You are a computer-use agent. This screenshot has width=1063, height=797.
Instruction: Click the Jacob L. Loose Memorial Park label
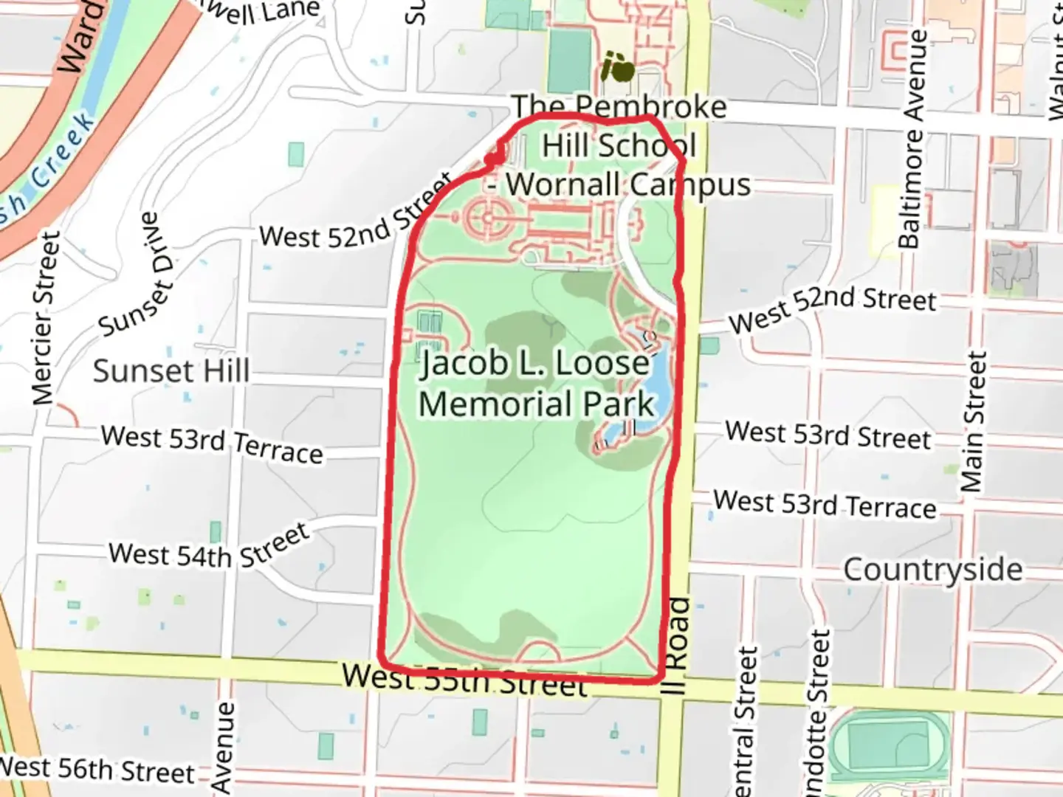pyautogui.click(x=537, y=384)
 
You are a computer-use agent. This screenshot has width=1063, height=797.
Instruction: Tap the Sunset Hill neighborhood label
pyautogui.click(x=171, y=370)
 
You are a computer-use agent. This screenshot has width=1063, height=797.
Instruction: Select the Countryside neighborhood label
pyautogui.click(x=933, y=570)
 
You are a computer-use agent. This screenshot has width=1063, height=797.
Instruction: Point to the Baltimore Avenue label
pyautogui.click(x=912, y=139)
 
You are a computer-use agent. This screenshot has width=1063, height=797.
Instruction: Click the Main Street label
pyautogui.click(x=973, y=422)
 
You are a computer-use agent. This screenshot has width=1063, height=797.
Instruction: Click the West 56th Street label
pyautogui.click(x=96, y=769)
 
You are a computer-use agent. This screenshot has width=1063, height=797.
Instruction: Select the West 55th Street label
pyautogui.click(x=465, y=679)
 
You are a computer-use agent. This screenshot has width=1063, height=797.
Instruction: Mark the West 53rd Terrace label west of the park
pyautogui.click(x=212, y=444)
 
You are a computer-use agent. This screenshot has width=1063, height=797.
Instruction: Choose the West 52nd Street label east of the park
pyautogui.click(x=833, y=308)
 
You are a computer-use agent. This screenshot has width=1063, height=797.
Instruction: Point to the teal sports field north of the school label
pyautogui.click(x=570, y=62)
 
